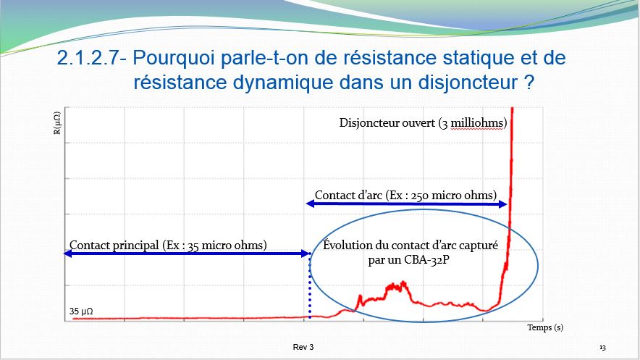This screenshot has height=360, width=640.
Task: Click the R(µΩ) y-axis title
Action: pyautogui.click(x=57, y=123)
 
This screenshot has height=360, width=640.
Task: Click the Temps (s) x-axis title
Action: pyautogui.click(x=545, y=327)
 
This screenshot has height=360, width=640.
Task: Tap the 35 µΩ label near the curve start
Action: pyautogui.click(x=81, y=311)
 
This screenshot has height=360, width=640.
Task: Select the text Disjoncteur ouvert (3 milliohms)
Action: pyautogui.click(x=423, y=123)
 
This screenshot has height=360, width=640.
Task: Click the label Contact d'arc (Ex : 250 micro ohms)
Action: pyautogui.click(x=405, y=195)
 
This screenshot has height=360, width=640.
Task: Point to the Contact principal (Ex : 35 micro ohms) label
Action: pyautogui.click(x=168, y=246)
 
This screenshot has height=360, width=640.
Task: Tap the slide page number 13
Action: pyautogui.click(x=602, y=348)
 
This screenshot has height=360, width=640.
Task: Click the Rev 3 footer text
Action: pyautogui.click(x=303, y=347)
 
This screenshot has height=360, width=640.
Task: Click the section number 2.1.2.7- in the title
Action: pyautogui.click(x=91, y=57)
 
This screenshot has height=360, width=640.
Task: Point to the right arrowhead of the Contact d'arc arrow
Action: pyautogui.click(x=504, y=204)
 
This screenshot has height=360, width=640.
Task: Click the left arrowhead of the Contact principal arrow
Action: pyautogui.click(x=68, y=254)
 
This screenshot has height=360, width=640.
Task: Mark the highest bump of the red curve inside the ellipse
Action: pyautogui.click(x=403, y=282)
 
